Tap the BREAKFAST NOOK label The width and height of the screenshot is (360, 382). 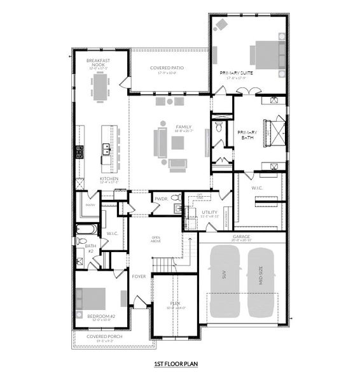(x=98, y=62)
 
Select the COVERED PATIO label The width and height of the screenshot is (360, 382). (x=169, y=69)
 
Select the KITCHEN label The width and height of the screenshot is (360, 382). (x=109, y=180)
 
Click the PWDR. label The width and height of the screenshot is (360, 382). (x=159, y=199)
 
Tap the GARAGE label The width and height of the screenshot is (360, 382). (x=241, y=236)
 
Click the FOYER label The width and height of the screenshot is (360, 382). (x=139, y=276)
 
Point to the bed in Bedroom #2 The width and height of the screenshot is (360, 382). (x=90, y=299)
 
